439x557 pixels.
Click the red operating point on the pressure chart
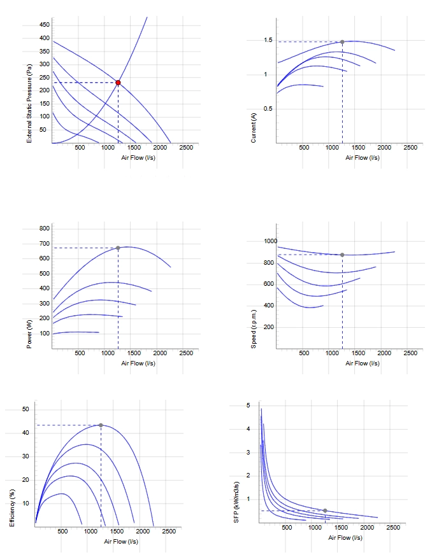118,83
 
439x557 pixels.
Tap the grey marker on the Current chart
342,42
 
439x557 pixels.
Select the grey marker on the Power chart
118,248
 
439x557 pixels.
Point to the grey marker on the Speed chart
342,255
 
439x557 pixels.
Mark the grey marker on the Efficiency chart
101,425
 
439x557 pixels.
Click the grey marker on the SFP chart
325,511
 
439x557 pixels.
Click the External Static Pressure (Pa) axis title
29,103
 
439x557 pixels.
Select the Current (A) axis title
254,128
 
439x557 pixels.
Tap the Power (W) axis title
29,334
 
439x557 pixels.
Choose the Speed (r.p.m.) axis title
254,329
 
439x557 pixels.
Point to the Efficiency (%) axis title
12,508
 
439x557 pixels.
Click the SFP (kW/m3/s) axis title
236,502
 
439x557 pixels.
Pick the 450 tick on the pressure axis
45,25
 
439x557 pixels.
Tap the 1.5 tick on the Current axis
268,40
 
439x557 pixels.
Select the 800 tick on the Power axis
45,229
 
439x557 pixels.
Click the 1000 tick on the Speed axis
271,241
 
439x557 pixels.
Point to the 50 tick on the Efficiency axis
25,409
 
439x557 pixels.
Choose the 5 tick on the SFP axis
248,405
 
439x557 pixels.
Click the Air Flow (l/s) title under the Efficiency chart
121,542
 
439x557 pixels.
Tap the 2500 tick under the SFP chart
393,528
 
